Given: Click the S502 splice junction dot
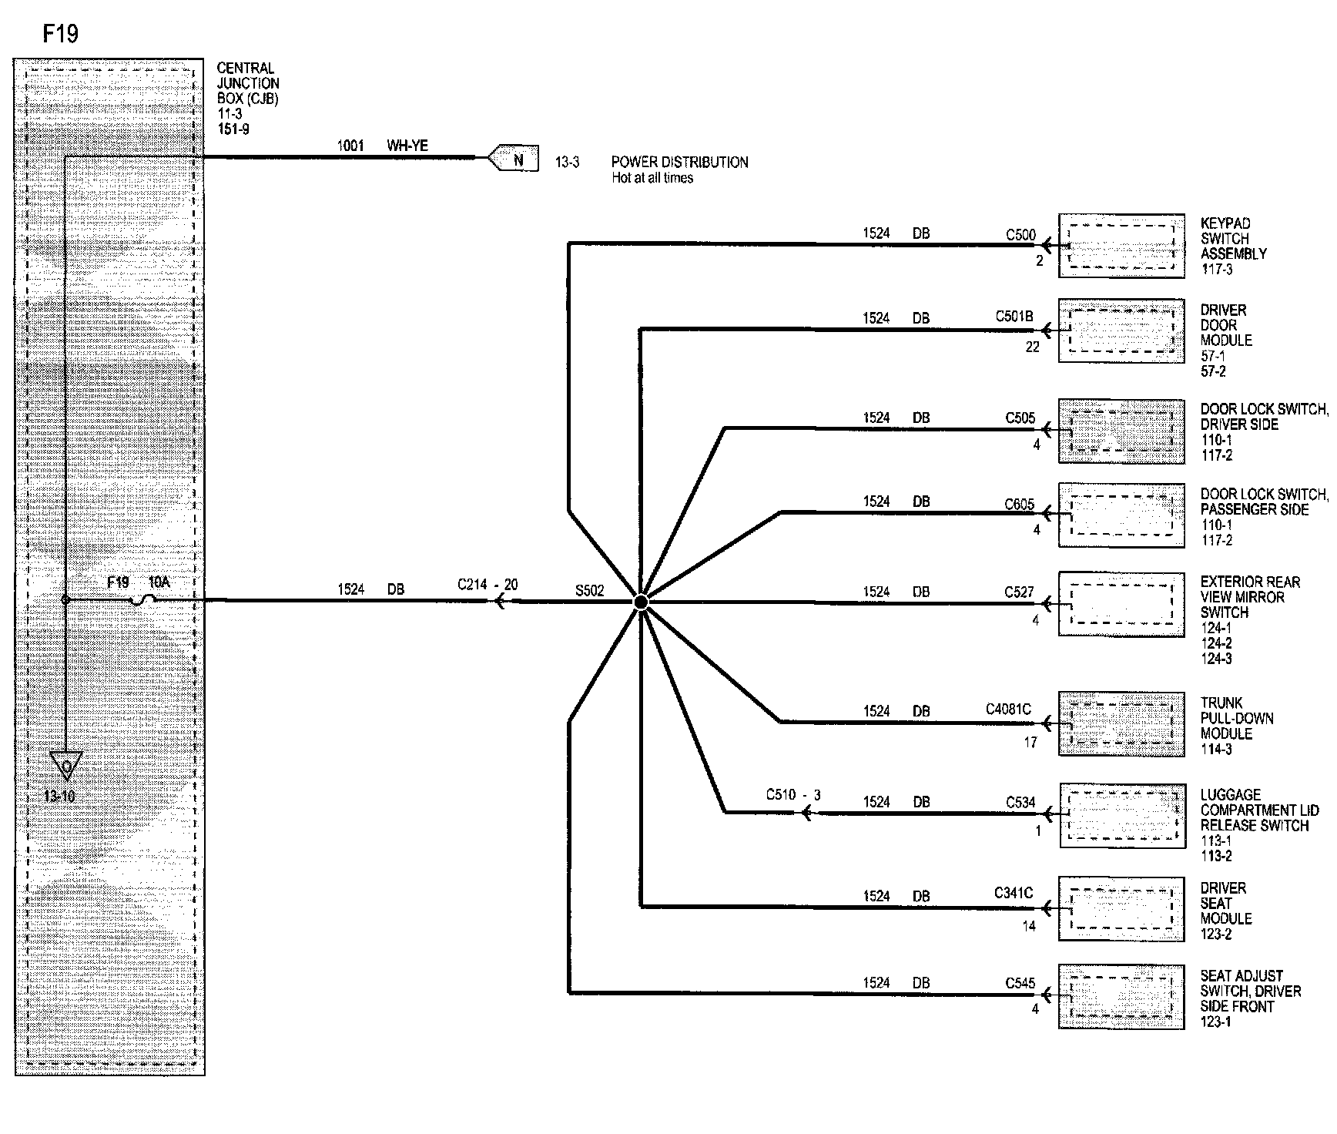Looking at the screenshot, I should coord(641,602).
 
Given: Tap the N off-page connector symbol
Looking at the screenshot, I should coord(514,159).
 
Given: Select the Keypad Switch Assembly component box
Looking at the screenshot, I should coord(1121,246).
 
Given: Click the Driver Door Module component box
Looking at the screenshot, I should coord(1121,330).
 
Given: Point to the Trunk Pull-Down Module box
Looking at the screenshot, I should coord(1121,723).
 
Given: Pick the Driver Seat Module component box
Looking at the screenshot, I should coord(1121,908).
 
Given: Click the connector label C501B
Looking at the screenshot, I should coord(1014,317).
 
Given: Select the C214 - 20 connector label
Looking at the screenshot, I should coord(488,585).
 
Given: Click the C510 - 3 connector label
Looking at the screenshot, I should coord(793,795).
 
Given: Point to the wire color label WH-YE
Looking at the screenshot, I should coord(407,146).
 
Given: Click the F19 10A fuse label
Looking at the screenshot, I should coord(139,582).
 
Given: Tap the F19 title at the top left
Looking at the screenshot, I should coord(60,34).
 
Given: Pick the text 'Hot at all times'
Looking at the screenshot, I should coord(652,178).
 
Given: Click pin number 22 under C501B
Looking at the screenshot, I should coord(1032,347).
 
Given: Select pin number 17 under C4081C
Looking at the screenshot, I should coord(1030,743).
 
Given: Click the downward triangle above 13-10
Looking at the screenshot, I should coord(66,766).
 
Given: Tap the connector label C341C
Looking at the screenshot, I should coord(1013,894).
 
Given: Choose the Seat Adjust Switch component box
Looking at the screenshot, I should coord(1121,996).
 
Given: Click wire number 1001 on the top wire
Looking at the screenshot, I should coord(350,146).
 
